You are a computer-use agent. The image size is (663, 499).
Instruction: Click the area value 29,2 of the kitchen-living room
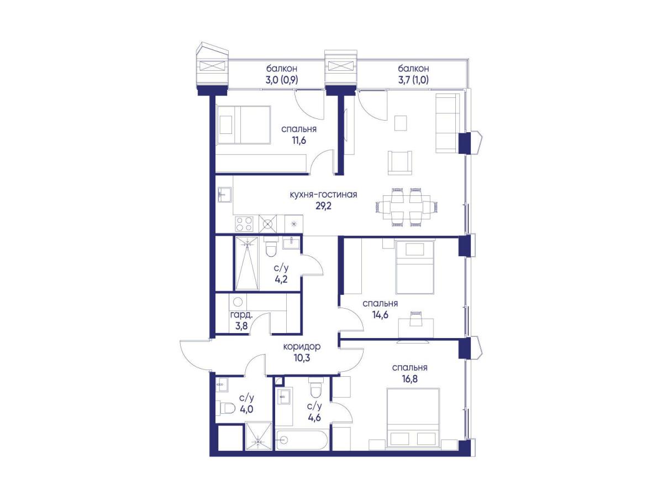(323, 206)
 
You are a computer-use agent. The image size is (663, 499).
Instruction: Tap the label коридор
(302, 347)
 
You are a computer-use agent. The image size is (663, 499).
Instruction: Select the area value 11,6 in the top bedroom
(298, 141)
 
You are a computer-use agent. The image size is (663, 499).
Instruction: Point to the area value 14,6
(380, 315)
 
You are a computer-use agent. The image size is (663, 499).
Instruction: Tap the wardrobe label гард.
(241, 315)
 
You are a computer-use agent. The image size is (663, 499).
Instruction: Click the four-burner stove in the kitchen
(244, 224)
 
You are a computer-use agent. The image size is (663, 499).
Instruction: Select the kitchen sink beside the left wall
(225, 194)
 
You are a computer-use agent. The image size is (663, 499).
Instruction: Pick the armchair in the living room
(399, 163)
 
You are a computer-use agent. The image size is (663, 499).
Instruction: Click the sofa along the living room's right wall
(448, 123)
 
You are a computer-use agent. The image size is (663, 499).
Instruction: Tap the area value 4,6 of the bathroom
(314, 418)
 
